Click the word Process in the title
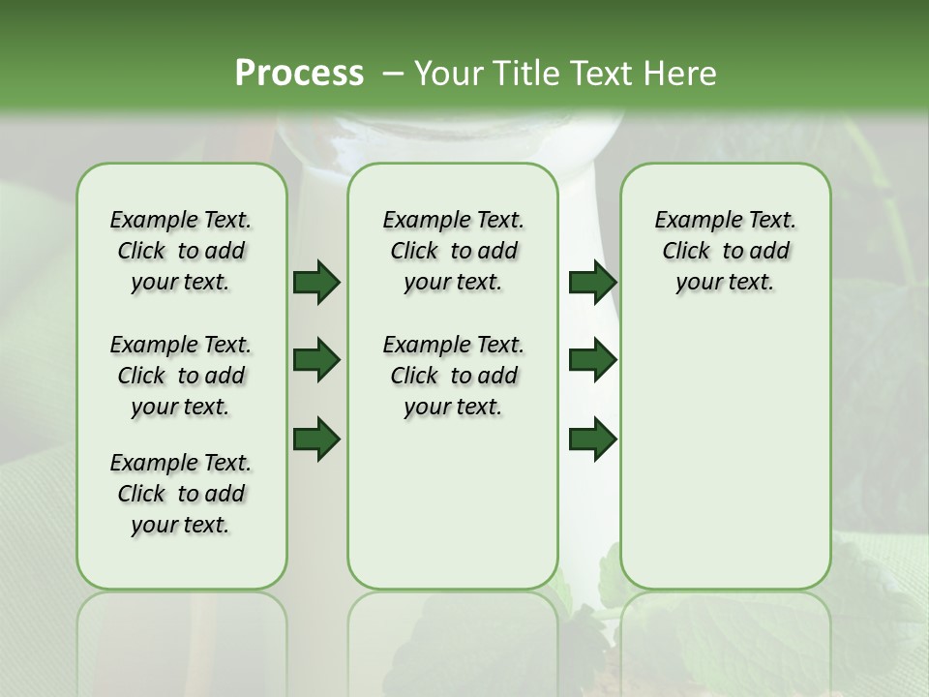(x=298, y=73)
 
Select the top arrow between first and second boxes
(x=316, y=282)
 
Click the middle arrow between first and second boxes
(x=316, y=360)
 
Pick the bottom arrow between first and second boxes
(x=316, y=439)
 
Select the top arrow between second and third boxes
(x=592, y=282)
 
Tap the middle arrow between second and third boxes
(x=592, y=360)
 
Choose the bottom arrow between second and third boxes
(x=592, y=439)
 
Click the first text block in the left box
(x=181, y=251)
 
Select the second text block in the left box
(x=181, y=376)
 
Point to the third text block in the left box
(x=181, y=494)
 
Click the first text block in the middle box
(x=453, y=251)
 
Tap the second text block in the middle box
(x=453, y=376)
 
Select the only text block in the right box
(x=725, y=251)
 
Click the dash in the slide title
(x=393, y=74)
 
